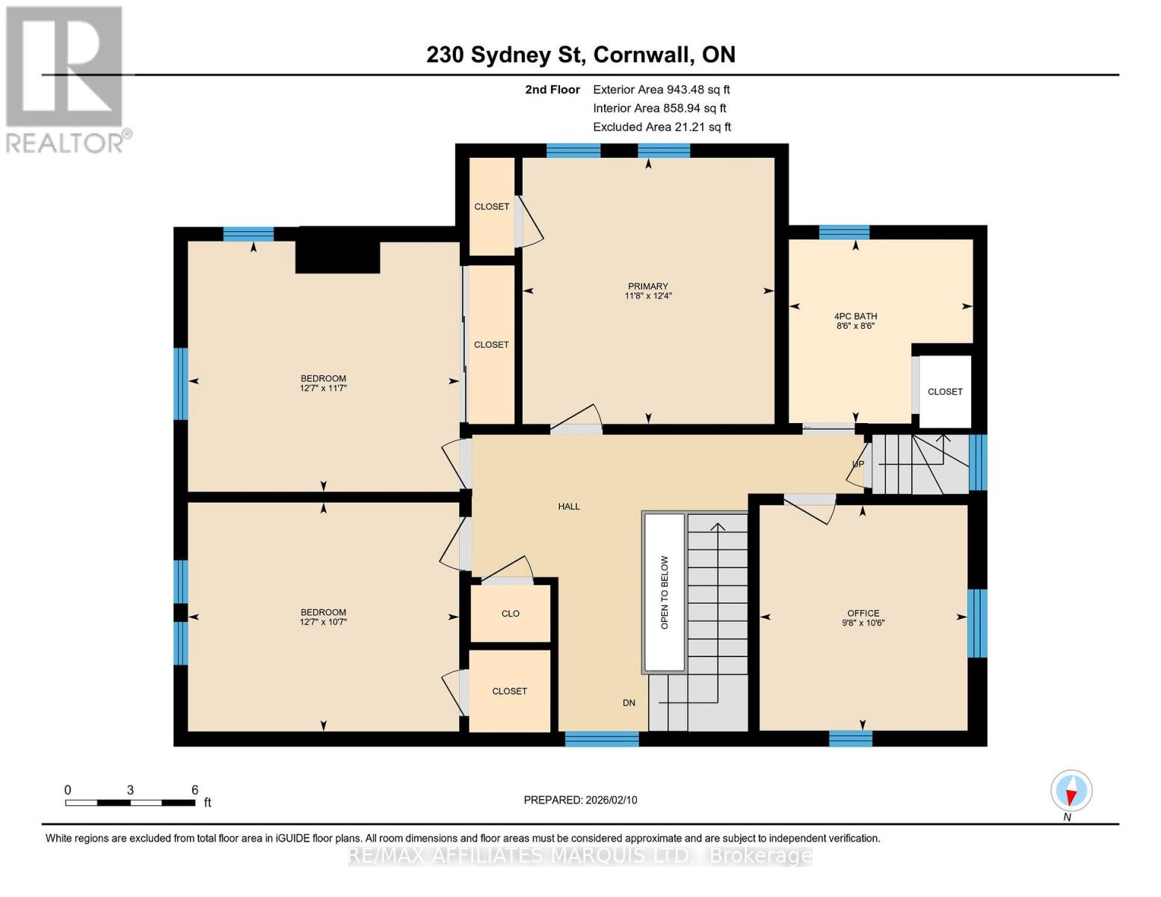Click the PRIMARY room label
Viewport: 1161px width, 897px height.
pos(647,286)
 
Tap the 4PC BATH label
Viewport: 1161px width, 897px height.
pos(855,316)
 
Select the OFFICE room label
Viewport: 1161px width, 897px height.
pos(863,613)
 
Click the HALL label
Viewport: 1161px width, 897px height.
pos(569,507)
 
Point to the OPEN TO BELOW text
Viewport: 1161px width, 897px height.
pos(665,592)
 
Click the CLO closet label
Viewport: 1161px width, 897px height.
pos(511,614)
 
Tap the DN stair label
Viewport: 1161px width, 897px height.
pos(629,703)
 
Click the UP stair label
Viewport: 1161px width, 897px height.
pos(858,464)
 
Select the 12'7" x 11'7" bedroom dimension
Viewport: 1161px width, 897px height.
pos(324,389)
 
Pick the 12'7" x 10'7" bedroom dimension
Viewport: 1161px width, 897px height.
pos(324,622)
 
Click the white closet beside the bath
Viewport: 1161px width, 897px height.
pos(945,392)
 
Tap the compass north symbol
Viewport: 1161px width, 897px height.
pos(1071,791)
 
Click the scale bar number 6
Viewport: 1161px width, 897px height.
pos(194,790)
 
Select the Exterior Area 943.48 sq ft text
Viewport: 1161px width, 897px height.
pos(661,90)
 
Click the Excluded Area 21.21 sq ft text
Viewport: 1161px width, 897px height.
pos(662,127)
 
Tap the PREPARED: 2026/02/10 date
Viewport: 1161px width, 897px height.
pos(580,800)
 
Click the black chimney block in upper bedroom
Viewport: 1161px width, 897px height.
pos(338,256)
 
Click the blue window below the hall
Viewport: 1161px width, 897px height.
pos(602,739)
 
